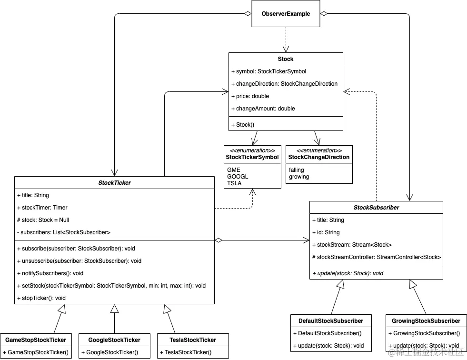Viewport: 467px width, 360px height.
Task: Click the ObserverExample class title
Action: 286,14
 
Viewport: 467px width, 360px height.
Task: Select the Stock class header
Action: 286,59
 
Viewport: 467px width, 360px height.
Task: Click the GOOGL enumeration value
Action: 238,176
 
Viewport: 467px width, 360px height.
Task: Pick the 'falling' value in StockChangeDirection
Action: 296,170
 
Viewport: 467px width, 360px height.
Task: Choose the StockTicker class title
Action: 114,183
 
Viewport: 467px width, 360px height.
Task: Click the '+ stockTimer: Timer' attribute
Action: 42,208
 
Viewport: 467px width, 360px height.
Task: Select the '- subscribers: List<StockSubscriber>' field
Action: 63,232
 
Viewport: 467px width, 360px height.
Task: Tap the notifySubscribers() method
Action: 50,273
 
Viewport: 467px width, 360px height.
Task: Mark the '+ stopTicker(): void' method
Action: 41,298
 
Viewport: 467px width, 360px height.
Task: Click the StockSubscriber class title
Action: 376,208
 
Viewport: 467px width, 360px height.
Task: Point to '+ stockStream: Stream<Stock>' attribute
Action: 351,245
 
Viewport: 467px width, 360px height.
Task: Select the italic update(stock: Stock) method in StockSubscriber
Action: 348,273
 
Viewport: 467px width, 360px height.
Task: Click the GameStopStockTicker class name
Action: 36,340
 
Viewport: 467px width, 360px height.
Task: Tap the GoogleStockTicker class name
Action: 114,340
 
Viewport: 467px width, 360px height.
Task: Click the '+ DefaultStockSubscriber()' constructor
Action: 327,333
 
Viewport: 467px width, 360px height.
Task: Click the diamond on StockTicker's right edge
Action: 219,240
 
